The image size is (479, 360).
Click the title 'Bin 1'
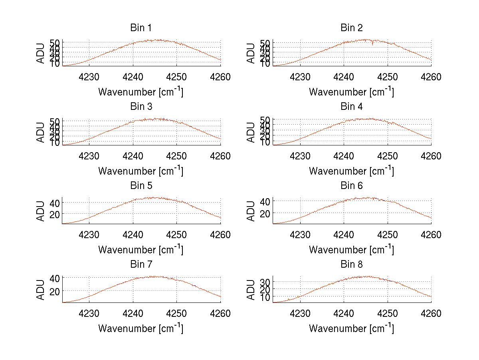141,28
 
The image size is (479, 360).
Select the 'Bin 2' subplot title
352,28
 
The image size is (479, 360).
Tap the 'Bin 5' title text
141,186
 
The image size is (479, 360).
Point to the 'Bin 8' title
352,265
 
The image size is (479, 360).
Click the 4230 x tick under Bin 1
89,77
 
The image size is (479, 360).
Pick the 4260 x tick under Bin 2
431,77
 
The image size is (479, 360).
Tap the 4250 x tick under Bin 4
387,156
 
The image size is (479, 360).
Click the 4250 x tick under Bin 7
177,314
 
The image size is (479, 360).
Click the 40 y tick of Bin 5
54,203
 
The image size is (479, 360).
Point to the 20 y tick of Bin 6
265,214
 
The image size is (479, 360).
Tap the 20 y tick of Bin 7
54,291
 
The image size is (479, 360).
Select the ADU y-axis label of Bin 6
251,211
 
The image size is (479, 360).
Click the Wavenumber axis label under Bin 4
351,171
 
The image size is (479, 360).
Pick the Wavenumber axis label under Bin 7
141,328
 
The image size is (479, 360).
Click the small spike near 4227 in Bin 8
288,298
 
